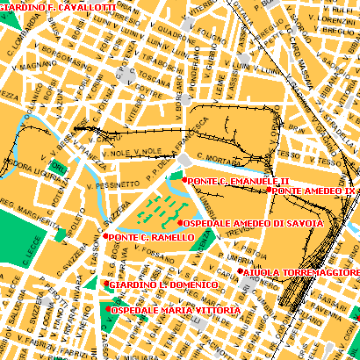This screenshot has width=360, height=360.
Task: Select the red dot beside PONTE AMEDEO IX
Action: [x=269, y=191]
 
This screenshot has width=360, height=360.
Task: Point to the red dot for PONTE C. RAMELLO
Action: [x=106, y=236]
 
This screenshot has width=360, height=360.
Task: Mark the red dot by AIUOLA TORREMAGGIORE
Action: [x=240, y=272]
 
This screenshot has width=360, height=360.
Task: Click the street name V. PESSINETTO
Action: [x=113, y=184]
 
